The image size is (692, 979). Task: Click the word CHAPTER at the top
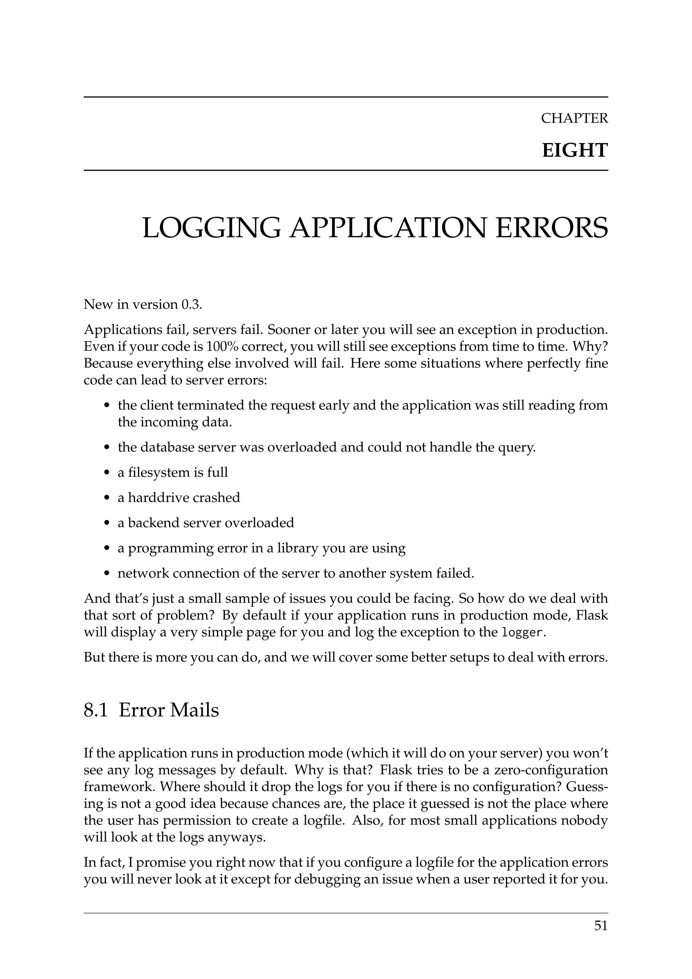(x=574, y=118)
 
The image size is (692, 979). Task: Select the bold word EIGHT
(x=574, y=150)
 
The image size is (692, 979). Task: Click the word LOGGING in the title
(x=211, y=228)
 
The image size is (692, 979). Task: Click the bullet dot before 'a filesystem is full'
(x=107, y=473)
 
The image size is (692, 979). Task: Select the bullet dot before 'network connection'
(x=107, y=573)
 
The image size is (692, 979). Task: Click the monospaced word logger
(x=522, y=632)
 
